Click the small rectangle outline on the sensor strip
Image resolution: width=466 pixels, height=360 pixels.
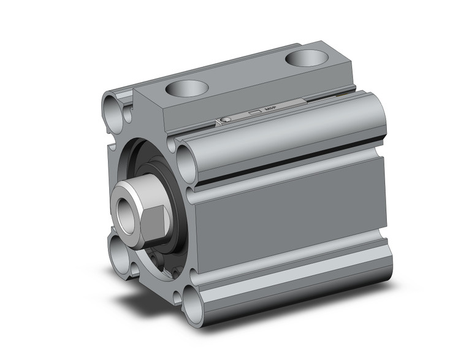254,112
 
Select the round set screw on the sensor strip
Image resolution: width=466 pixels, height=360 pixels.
226,119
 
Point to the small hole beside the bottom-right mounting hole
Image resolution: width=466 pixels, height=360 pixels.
177,297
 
